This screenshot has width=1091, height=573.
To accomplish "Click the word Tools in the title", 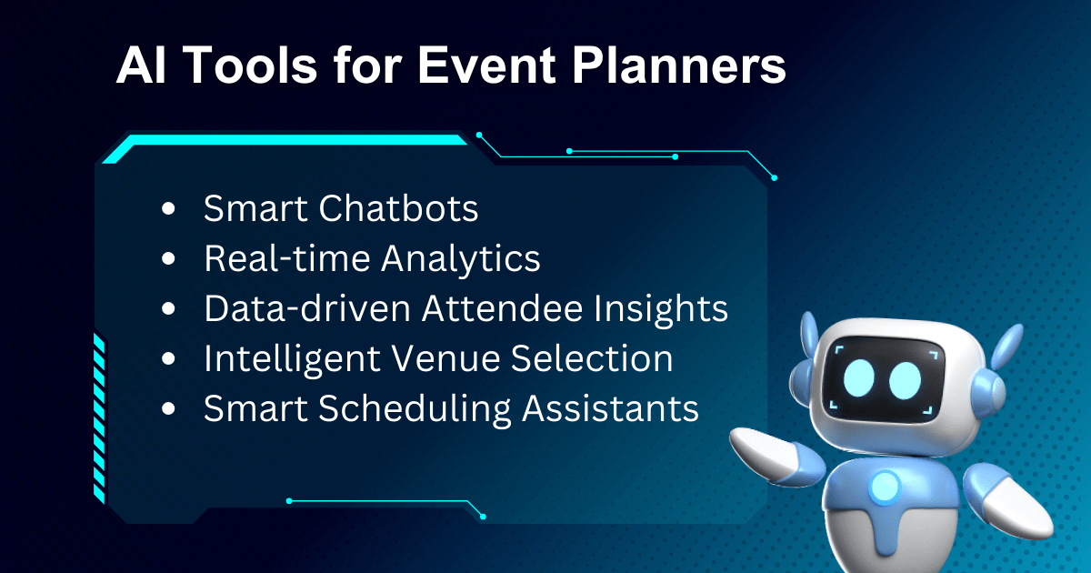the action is (x=251, y=65).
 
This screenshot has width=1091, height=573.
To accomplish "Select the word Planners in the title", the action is (x=679, y=65).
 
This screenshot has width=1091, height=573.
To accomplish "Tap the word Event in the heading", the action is (x=486, y=65).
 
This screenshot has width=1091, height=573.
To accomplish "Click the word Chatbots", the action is (x=398, y=208).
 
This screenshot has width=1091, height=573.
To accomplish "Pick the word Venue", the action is (x=445, y=358).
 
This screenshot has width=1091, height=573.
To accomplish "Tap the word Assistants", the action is (x=610, y=408).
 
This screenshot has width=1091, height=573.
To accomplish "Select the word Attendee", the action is (x=502, y=308).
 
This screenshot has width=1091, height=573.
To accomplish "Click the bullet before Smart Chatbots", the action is (x=168, y=208).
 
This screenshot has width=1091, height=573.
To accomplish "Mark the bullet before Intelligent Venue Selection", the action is (x=168, y=358).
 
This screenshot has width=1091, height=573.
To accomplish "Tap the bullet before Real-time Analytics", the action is (x=168, y=258).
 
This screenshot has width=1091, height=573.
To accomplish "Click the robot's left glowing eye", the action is (x=858, y=378).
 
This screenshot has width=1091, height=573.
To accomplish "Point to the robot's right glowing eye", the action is (x=905, y=381).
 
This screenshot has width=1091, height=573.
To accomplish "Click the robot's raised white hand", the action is (x=766, y=453).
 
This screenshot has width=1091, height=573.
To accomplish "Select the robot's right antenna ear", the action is (x=1007, y=345).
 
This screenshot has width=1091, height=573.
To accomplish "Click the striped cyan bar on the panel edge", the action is (x=99, y=418).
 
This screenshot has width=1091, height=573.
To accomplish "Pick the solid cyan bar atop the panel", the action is (x=285, y=148).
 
